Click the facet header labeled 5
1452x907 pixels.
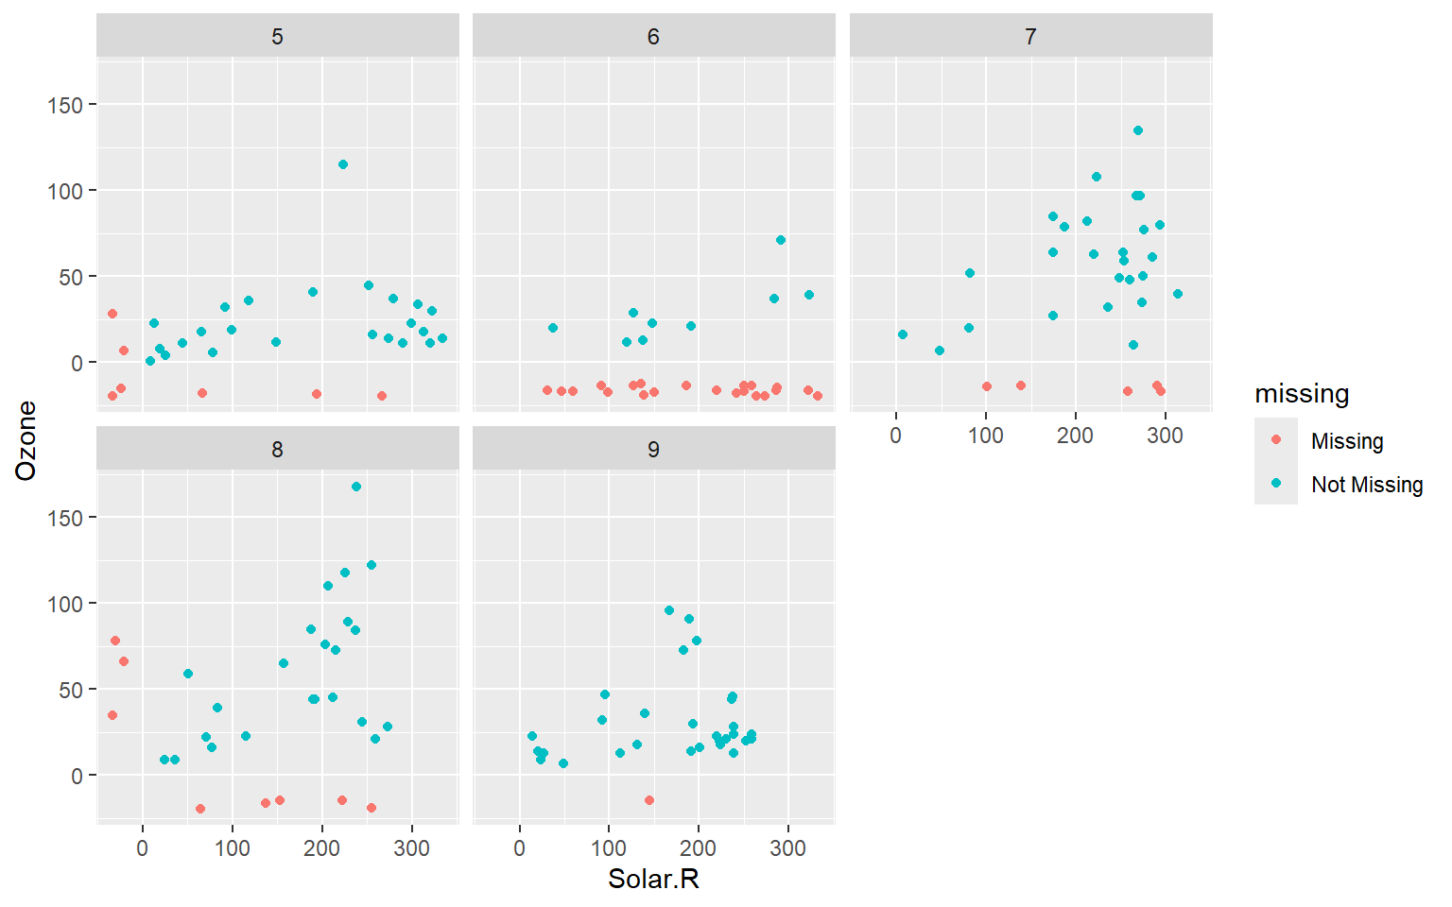(277, 37)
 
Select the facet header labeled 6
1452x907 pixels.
(653, 37)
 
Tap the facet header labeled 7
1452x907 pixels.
(1030, 37)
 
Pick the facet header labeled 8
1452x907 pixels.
(277, 450)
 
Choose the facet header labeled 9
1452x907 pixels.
(653, 450)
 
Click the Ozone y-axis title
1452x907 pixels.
(26, 440)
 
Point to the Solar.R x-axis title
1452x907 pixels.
(653, 880)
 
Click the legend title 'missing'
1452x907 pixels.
(1302, 394)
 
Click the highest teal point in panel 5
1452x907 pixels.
(343, 164)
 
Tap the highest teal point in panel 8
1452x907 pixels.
(356, 487)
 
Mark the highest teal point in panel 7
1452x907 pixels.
(1138, 130)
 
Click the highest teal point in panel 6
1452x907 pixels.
(781, 240)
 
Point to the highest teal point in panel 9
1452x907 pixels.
(669, 610)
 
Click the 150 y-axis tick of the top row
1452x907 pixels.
(65, 105)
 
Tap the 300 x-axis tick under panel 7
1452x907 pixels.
(1165, 436)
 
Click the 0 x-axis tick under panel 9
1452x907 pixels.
(519, 848)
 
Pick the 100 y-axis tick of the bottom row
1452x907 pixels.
(65, 604)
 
